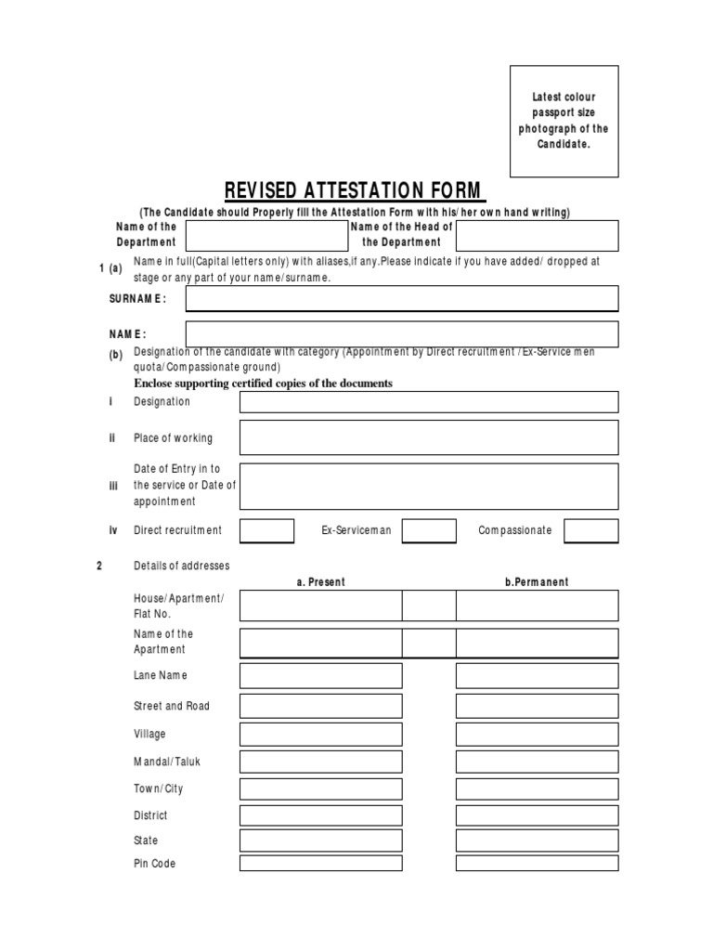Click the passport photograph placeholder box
564,121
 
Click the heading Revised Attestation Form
355,191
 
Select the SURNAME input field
401,298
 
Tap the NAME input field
401,333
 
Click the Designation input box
428,402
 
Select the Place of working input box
428,437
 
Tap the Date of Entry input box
428,486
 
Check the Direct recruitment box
266,530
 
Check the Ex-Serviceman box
428,530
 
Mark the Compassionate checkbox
590,530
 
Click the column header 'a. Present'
320,582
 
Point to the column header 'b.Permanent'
537,582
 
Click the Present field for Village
320,735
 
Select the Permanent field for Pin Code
537,864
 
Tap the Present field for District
320,815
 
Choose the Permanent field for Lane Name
537,675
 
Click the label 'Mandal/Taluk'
167,762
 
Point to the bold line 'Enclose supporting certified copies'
264,384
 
